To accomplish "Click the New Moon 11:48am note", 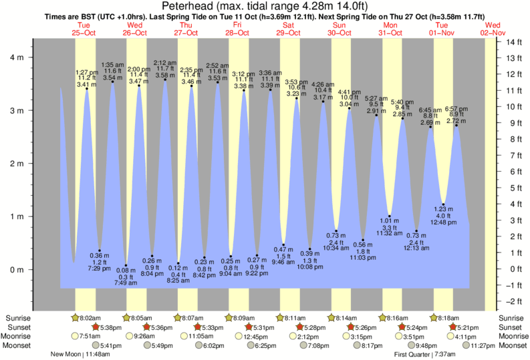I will pos(78,354).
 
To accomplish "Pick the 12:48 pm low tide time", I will pos(443,222).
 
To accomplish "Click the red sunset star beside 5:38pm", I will pos(96,327).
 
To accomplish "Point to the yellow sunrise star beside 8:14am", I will pos(332,318).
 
